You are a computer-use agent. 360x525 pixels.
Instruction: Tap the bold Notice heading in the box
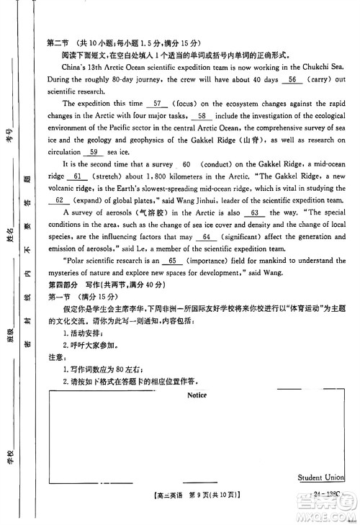(197, 395)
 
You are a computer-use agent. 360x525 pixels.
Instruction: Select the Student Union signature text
(321, 477)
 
